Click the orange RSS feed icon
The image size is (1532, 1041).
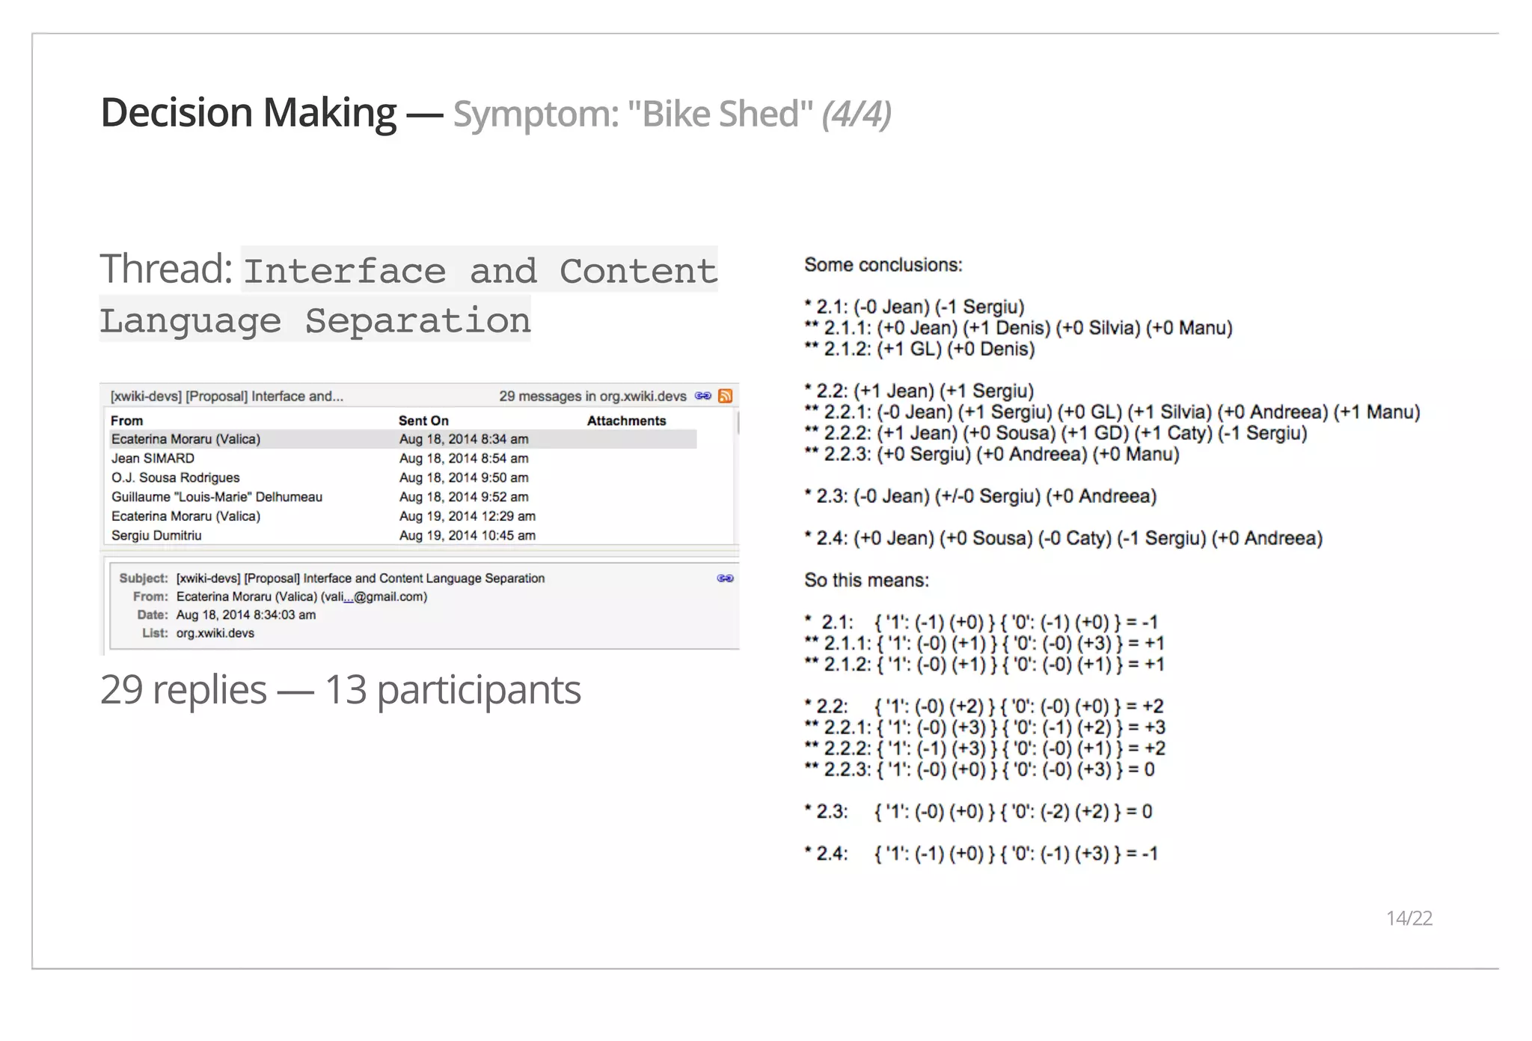pos(725,396)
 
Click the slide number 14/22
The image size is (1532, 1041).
pos(1409,918)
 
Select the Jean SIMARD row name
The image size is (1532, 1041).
pos(153,458)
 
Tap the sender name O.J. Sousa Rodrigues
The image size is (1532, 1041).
pos(176,477)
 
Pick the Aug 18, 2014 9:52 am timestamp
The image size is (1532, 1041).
pos(464,497)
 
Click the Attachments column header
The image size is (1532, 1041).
pos(626,421)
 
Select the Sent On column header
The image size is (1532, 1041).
pos(423,421)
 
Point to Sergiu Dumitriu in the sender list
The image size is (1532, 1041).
pos(156,535)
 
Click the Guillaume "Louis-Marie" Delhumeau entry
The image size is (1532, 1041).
pos(217,497)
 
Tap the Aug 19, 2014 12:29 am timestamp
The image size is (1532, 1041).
pos(468,516)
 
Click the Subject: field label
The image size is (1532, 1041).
pos(144,578)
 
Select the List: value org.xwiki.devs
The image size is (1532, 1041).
pos(215,633)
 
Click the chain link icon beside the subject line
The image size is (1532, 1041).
pos(725,578)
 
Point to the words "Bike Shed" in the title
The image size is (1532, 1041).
pos(720,115)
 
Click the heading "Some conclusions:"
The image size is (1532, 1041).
pos(883,265)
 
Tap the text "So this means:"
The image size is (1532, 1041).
pos(866,581)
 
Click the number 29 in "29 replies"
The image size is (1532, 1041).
pos(121,690)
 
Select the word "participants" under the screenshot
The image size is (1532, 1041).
pos(479,690)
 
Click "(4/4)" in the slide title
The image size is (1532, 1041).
pos(857,115)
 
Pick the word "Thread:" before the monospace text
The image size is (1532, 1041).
pos(166,269)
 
